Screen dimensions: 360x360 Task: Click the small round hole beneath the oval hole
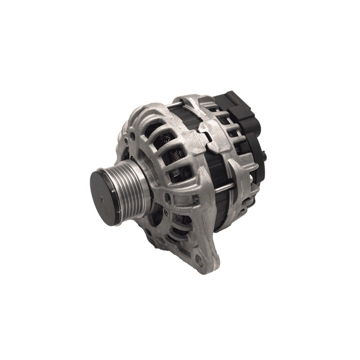coord(168,211)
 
